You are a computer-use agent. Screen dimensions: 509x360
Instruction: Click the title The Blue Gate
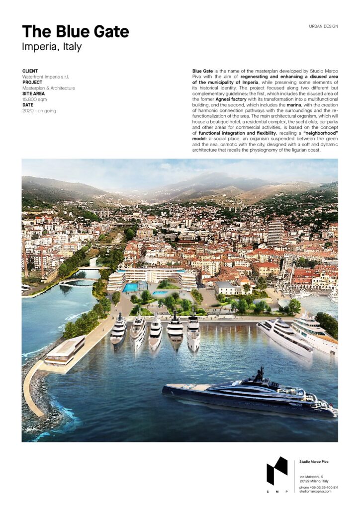tap(76, 32)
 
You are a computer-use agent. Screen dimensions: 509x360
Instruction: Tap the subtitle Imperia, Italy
tap(52, 47)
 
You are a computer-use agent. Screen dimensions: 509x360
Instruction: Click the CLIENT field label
tap(30, 71)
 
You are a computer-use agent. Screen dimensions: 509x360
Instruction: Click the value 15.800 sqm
tap(35, 99)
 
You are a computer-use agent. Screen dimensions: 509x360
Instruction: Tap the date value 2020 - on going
tap(39, 110)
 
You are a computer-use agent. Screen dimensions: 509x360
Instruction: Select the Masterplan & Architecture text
tap(49, 88)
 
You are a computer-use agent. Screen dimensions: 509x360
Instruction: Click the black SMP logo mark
tap(277, 471)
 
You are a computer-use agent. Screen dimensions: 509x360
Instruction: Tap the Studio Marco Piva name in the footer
tap(314, 462)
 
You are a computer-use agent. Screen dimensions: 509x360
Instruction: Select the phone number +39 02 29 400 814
tap(319, 487)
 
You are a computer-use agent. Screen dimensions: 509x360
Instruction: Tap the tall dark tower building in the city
tap(275, 234)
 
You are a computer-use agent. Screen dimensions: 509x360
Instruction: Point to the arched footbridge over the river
tap(79, 281)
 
